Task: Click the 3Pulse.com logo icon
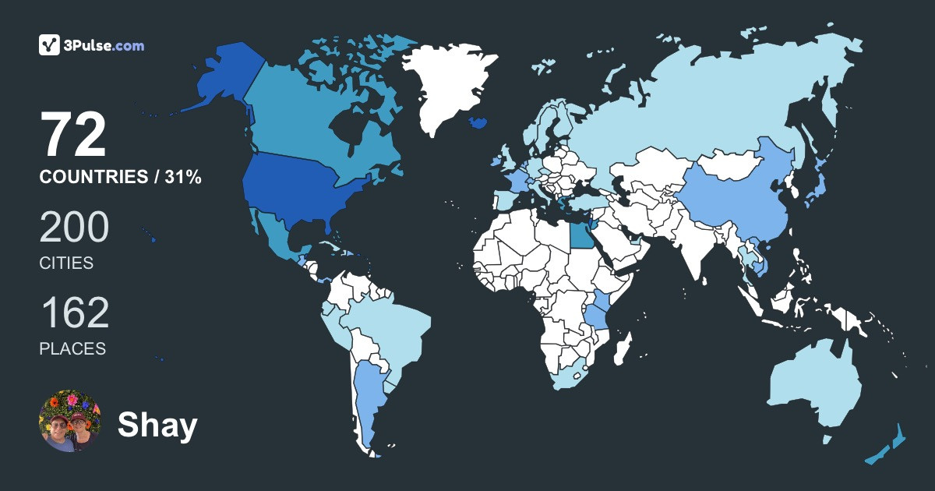50,45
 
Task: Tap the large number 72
73,136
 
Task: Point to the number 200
74,228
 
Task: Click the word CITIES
66,263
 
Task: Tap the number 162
74,313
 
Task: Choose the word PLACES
72,348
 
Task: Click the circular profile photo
69,422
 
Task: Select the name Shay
157,426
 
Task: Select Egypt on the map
580,235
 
